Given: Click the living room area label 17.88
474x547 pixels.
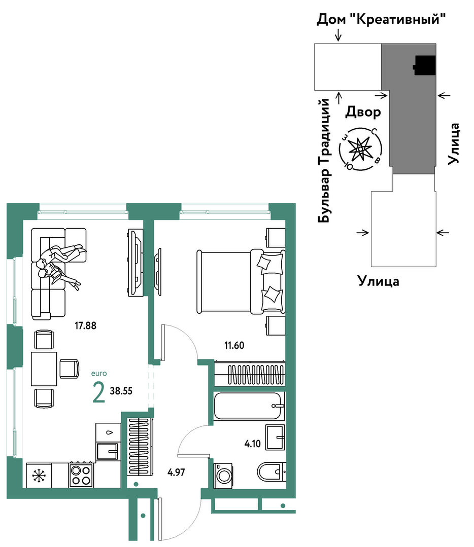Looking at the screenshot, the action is (85, 326).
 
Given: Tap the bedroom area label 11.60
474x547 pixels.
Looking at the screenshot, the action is (234, 346).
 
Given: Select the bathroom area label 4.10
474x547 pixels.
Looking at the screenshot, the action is (252, 444).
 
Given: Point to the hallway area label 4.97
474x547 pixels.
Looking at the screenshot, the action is (176, 472).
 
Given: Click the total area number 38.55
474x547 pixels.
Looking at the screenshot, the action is (121, 391).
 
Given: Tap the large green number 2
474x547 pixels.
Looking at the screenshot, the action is (99, 392).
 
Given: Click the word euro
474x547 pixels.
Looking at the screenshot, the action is (99, 374).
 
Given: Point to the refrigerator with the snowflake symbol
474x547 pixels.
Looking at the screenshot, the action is (39, 475).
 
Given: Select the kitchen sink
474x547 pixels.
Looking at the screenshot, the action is (108, 451).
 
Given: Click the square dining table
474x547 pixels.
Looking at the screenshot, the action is (44, 369).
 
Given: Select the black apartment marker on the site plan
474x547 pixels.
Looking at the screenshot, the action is (424, 65).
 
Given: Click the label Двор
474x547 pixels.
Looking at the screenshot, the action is (363, 113).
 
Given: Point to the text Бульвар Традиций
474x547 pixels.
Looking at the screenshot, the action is (324, 160).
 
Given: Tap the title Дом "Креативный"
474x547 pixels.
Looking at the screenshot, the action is (381, 19).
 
